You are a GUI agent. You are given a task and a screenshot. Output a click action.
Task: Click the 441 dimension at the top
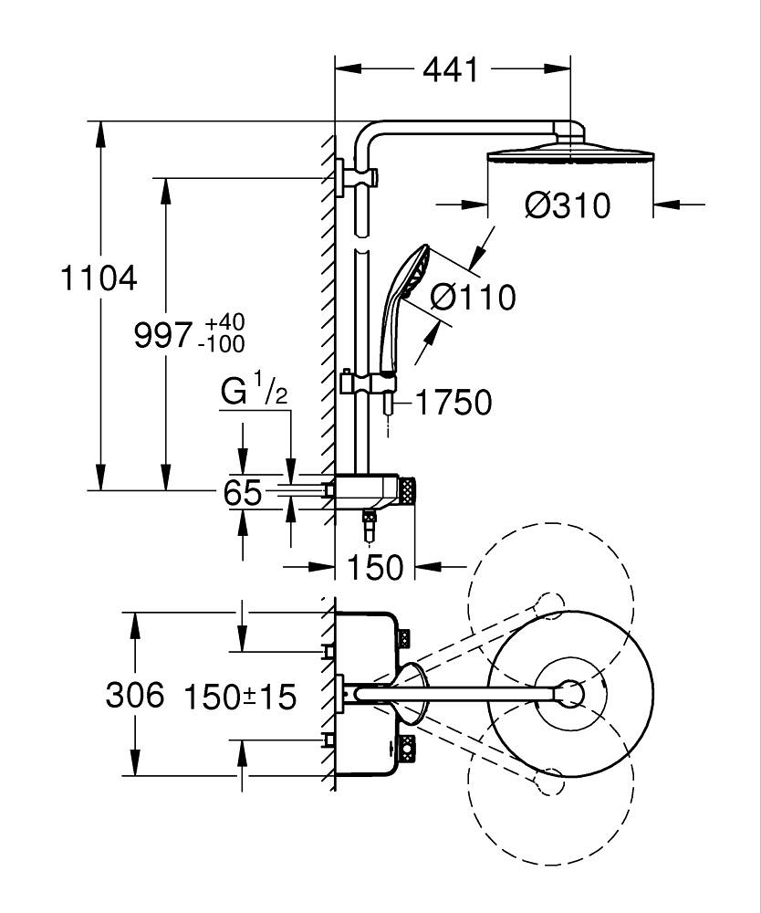(x=451, y=69)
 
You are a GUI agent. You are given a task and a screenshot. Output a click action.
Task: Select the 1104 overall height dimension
(x=99, y=278)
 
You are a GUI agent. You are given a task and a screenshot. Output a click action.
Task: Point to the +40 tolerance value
(x=224, y=323)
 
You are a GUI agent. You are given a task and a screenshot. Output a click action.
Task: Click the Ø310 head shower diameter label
(x=567, y=205)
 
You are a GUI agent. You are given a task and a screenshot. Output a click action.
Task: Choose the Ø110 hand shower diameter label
(x=472, y=297)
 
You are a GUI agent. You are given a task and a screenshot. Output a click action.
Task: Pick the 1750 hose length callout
(x=453, y=402)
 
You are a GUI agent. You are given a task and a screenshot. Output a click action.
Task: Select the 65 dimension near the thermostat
(x=243, y=494)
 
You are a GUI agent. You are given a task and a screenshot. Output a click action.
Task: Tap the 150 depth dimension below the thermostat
(x=375, y=567)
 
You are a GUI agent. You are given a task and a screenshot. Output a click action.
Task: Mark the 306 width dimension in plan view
(x=135, y=695)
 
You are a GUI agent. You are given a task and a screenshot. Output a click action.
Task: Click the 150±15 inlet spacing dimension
(x=240, y=698)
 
